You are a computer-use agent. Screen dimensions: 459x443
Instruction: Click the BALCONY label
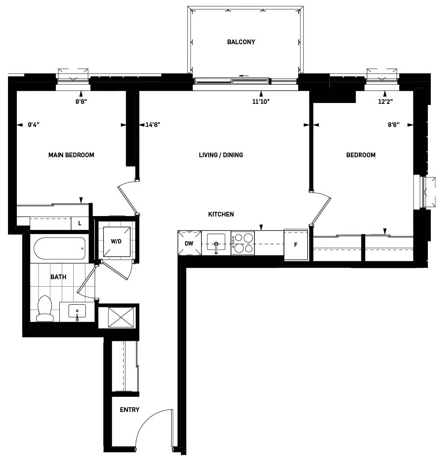241,42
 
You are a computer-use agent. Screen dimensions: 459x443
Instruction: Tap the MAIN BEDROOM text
71,155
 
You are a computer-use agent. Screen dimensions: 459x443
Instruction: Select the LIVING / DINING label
221,155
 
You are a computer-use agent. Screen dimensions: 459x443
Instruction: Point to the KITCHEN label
221,214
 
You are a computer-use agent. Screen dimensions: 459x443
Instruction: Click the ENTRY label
130,410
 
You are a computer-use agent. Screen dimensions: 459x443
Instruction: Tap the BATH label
58,277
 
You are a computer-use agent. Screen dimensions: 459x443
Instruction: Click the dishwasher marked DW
189,243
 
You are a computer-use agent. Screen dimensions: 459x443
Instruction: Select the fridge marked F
296,245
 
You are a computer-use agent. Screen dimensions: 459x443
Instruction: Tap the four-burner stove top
243,243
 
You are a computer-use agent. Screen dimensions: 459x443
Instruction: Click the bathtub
59,249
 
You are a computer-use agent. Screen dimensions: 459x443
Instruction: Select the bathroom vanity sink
77,311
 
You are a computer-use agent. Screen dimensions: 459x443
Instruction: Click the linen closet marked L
80,224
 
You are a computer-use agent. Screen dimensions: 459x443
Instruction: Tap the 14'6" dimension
153,125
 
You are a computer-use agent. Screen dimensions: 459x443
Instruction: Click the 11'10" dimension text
261,101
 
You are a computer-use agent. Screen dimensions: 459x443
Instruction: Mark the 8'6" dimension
394,125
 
